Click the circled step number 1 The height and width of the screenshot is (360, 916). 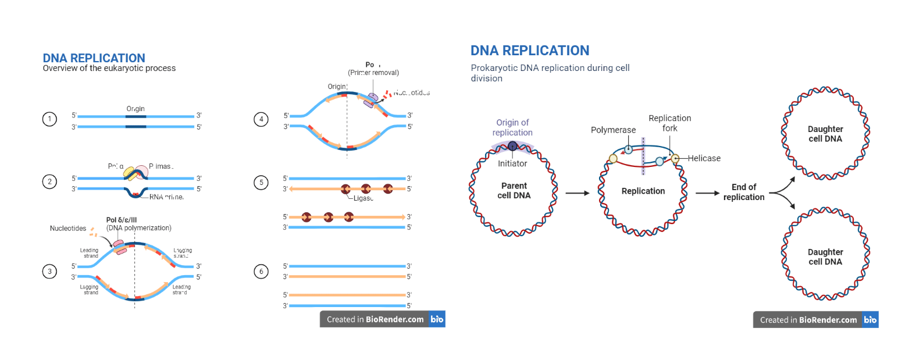click(49, 119)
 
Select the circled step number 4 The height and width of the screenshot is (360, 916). click(261, 119)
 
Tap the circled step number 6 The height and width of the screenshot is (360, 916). click(261, 271)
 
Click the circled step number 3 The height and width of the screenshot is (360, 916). click(49, 271)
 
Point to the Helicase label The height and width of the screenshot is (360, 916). click(704, 158)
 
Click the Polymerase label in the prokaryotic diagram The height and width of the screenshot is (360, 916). click(613, 130)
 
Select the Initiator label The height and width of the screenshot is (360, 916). click(512, 164)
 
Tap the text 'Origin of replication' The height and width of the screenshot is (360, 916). click(512, 127)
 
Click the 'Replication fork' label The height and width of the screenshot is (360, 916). click(670, 123)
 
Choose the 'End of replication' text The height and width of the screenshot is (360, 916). click(744, 192)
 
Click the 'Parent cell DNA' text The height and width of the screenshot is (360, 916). click(514, 191)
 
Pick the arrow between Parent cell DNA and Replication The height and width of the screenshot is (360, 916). click(578, 193)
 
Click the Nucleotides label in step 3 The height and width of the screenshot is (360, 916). click(68, 229)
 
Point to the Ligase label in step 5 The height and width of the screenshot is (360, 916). click(363, 198)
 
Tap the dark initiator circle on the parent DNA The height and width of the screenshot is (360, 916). click(512, 146)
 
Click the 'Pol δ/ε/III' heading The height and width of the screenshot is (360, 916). click(122, 220)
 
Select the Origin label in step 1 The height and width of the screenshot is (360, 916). click(136, 109)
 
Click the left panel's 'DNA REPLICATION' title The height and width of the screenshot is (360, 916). click(94, 58)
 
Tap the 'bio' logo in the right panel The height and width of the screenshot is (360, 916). click(870, 319)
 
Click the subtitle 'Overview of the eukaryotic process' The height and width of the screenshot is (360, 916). click(109, 68)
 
